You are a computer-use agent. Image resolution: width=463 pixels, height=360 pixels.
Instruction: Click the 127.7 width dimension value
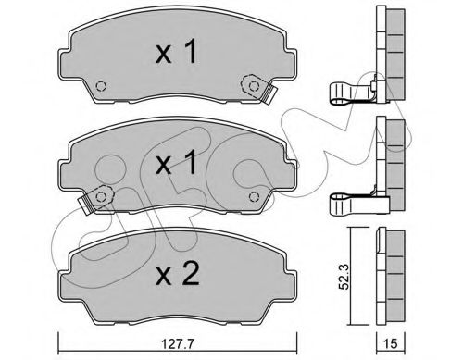coord(178,344)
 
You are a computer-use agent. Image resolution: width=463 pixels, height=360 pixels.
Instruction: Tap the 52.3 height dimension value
coord(344,276)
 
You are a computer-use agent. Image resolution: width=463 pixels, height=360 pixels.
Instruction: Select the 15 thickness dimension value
coord(390,344)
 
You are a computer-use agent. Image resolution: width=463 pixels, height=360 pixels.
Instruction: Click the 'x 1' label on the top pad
coord(176,53)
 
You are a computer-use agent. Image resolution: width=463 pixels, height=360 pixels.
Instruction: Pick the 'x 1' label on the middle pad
coord(176,162)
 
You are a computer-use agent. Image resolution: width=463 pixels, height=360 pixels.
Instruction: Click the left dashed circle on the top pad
coord(101,86)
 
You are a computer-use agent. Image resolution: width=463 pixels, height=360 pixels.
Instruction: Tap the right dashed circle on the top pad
coord(254,86)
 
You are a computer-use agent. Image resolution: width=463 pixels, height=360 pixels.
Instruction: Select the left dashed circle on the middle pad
coord(101,196)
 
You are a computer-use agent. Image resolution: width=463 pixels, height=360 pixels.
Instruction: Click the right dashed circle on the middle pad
coord(254,196)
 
